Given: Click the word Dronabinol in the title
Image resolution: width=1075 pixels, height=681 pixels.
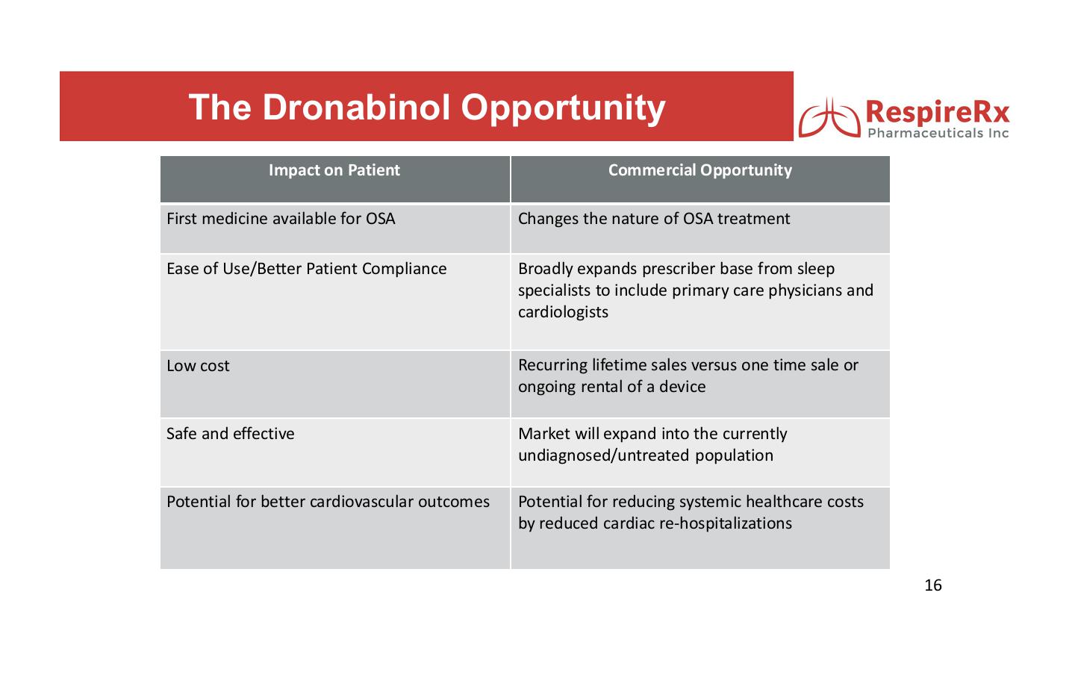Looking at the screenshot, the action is pyautogui.click(x=356, y=107).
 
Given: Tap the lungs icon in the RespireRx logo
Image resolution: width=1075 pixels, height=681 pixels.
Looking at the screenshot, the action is pyautogui.click(x=829, y=117).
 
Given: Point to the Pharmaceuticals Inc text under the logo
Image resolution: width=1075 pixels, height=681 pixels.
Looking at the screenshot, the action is pyautogui.click(x=938, y=134).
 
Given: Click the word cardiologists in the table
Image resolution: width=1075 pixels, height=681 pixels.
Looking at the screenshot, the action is pyautogui.click(x=563, y=312).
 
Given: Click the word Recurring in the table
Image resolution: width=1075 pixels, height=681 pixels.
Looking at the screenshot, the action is pyautogui.click(x=553, y=366).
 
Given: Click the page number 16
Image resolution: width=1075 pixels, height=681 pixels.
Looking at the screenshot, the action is pyautogui.click(x=933, y=585).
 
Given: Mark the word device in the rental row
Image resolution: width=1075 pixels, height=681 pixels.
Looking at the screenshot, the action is pyautogui.click(x=682, y=387).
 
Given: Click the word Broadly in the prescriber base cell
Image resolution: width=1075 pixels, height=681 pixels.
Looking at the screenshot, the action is pyautogui.click(x=546, y=270).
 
